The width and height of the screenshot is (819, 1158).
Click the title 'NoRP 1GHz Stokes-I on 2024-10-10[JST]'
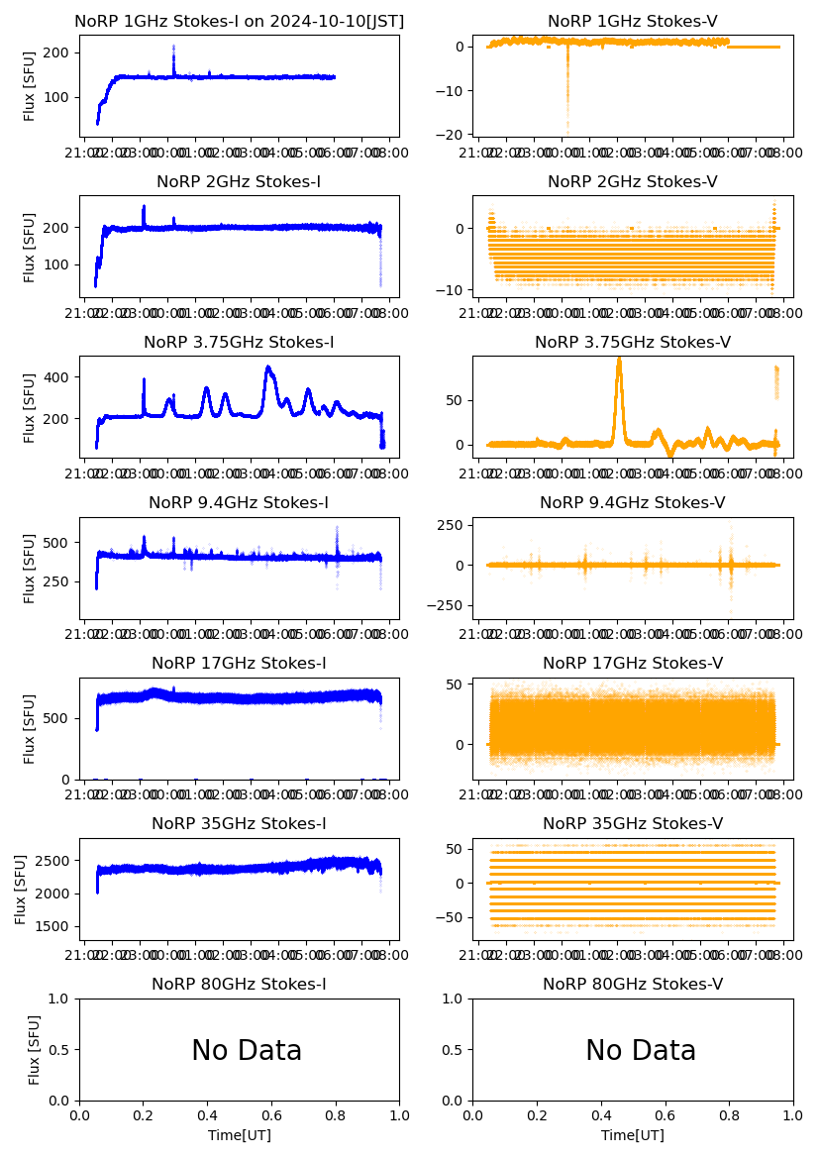(239, 21)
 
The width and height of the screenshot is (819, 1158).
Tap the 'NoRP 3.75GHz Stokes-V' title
(633, 342)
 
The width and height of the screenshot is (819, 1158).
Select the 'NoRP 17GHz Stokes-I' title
(239, 663)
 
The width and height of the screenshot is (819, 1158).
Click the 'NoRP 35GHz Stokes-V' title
(633, 823)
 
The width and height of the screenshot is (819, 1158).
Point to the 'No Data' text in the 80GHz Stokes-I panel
(247, 1050)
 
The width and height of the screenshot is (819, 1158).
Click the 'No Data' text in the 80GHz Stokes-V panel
(641, 1050)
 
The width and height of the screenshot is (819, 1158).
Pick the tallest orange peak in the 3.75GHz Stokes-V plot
(619, 361)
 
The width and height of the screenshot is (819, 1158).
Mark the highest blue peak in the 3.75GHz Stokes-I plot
(268, 368)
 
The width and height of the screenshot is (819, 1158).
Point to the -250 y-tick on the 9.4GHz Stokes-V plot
(447, 605)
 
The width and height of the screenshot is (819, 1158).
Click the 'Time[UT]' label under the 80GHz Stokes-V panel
(633, 1135)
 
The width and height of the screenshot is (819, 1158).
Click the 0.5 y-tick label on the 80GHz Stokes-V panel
(453, 1050)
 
